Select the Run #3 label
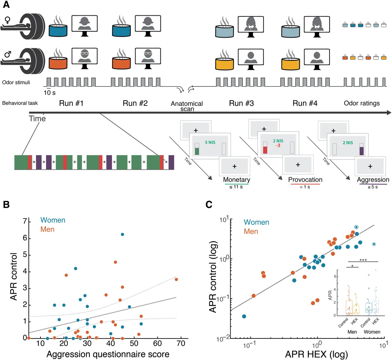pyautogui.click(x=241, y=104)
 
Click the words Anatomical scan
pyautogui.click(x=187, y=106)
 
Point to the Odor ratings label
pyautogui.click(x=362, y=104)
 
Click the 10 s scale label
pyautogui.click(x=50, y=93)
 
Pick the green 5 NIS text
pyautogui.click(x=210, y=142)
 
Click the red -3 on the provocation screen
pyautogui.click(x=278, y=145)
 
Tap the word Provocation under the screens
pyautogui.click(x=305, y=180)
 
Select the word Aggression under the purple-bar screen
pyautogui.click(x=373, y=180)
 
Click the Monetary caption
pyautogui.click(x=237, y=180)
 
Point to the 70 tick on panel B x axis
pyautogui.click(x=181, y=344)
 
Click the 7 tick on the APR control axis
pyautogui.click(x=25, y=221)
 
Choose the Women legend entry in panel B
pyautogui.click(x=53, y=220)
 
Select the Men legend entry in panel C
pyautogui.click(x=251, y=232)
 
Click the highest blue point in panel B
pyautogui.click(x=122, y=235)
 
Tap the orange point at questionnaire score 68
pyautogui.click(x=176, y=279)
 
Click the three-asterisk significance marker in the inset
pyautogui.click(x=363, y=260)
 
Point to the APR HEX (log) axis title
pyautogui.click(x=316, y=354)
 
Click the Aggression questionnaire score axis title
pyautogui.click(x=108, y=354)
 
